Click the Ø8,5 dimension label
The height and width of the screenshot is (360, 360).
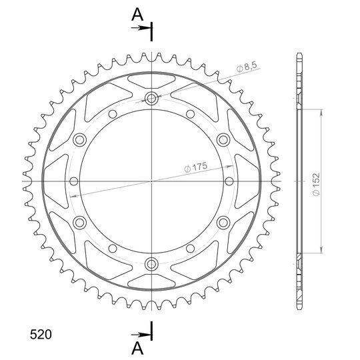247,67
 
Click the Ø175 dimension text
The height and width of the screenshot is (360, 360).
195,167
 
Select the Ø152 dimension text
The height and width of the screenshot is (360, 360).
316,184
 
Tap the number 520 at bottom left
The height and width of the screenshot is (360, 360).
41,334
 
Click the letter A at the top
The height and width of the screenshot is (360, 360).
137,15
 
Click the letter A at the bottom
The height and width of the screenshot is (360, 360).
137,348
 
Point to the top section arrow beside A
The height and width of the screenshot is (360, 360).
141,28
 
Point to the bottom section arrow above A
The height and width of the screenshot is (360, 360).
141,335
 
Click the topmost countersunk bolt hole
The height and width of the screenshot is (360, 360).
151,99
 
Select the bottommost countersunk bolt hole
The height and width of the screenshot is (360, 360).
151,264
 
